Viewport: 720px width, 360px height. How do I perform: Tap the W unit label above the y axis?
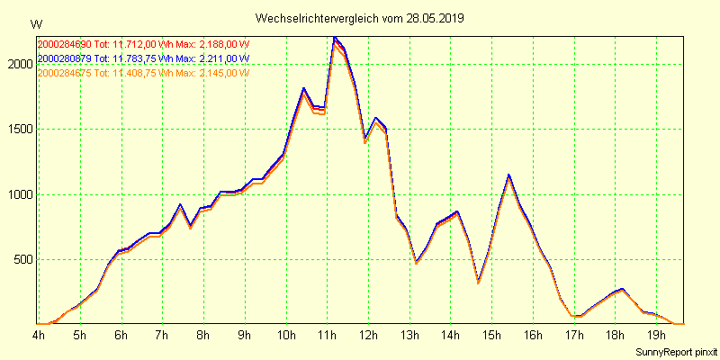click(x=35, y=23)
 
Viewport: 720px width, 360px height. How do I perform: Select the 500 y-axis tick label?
click(x=23, y=260)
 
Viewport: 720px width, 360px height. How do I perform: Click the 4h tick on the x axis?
click(x=39, y=336)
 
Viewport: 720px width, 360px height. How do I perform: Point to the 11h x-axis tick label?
click(x=328, y=336)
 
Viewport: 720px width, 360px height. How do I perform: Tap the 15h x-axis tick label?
click(x=492, y=336)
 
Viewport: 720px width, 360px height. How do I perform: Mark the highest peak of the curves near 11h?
click(x=334, y=38)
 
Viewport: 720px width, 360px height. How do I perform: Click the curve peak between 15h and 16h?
click(x=508, y=175)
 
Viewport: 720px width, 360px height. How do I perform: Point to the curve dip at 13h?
click(x=416, y=261)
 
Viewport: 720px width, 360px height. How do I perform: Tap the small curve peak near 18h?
click(x=620, y=290)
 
